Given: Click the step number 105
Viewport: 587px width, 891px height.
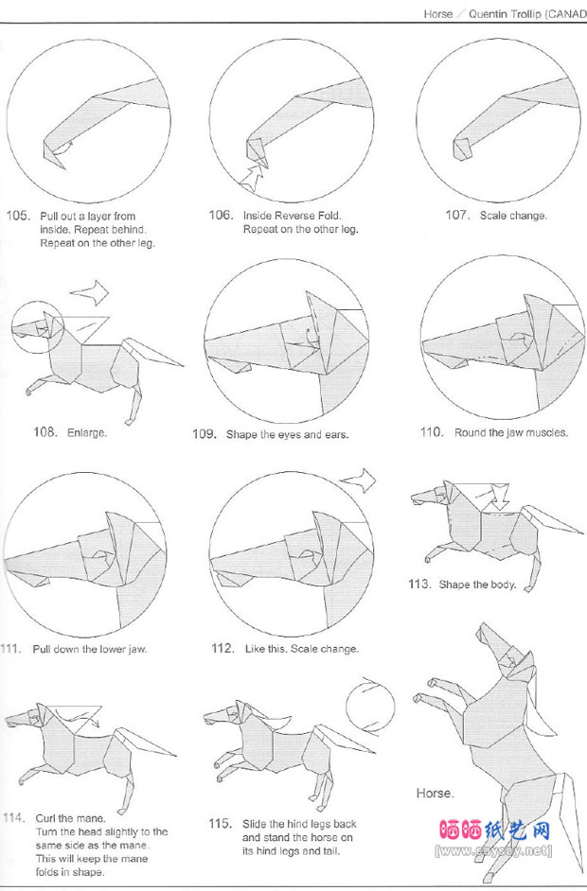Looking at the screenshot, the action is coord(17,216).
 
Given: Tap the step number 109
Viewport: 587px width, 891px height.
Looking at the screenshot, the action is coord(205,435).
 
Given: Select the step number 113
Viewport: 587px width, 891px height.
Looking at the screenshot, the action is coord(419,584).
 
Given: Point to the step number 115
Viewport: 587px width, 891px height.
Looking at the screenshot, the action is coord(220,824).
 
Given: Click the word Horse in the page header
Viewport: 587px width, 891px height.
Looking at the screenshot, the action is coord(438,14).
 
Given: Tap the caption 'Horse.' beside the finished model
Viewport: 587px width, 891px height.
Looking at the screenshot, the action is coord(436,794).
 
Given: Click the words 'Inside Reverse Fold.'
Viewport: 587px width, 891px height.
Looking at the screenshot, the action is coord(293,216).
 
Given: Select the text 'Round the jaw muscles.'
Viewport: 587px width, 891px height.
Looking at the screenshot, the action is coord(511,432).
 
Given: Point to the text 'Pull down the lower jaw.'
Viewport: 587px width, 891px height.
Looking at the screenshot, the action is coord(90,649).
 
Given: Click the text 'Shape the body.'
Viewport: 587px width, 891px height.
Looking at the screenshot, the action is coord(477,585).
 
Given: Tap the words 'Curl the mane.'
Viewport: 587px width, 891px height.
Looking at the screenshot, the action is coord(70,818).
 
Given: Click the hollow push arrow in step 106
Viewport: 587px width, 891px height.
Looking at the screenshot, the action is coord(252,177).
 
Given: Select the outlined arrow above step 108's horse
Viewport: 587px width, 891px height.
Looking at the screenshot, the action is coord(89,292).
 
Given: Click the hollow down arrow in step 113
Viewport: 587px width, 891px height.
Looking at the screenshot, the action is coord(500,497).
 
